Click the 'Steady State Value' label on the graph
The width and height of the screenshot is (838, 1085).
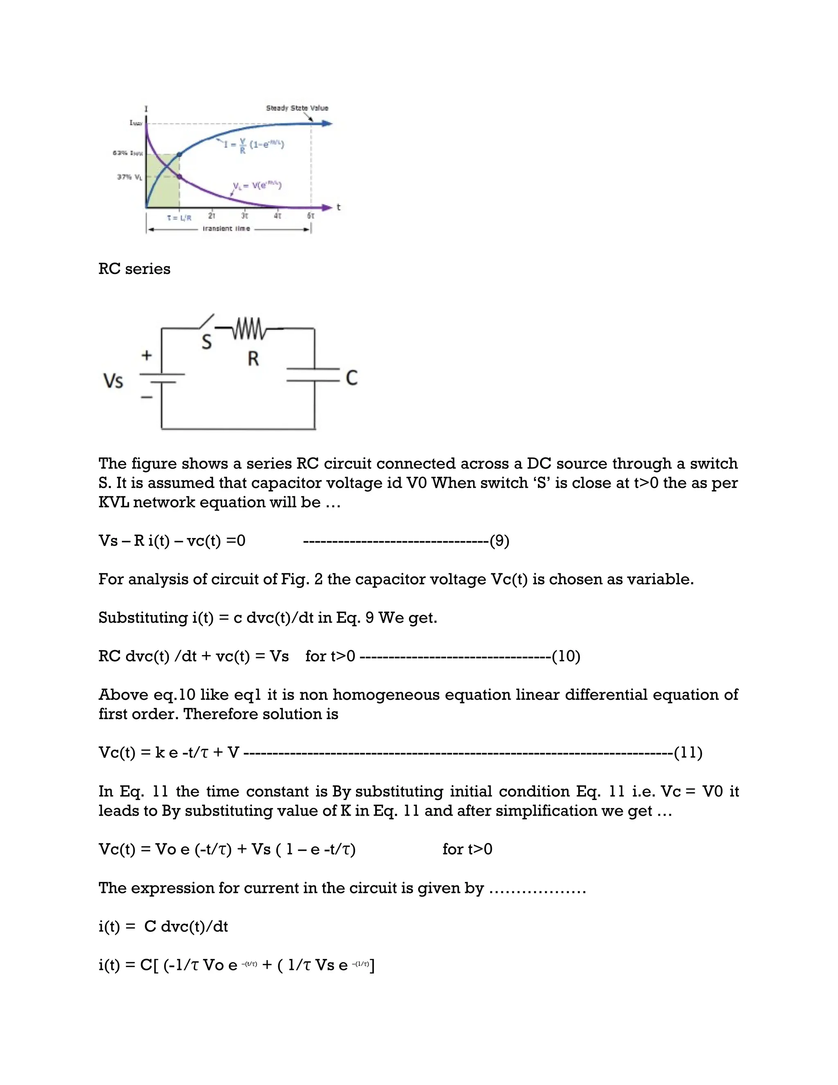click(x=297, y=108)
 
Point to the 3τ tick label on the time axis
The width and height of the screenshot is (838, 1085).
click(x=245, y=216)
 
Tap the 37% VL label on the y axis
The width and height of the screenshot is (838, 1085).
click(x=130, y=177)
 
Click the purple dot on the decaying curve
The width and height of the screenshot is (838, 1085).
click(x=179, y=177)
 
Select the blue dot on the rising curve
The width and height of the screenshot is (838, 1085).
click(x=179, y=154)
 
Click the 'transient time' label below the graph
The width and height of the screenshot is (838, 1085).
click(x=226, y=229)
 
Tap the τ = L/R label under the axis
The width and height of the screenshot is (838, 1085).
click(x=179, y=217)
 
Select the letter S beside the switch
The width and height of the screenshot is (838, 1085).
click(x=207, y=342)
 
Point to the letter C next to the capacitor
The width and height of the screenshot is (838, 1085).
click(x=351, y=378)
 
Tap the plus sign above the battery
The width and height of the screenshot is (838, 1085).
click(x=146, y=356)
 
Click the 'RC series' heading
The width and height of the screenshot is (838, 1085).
click(x=134, y=269)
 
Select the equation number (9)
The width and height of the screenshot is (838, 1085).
click(x=500, y=540)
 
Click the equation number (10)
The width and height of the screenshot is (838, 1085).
click(x=566, y=656)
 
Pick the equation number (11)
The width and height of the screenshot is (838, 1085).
click(x=688, y=753)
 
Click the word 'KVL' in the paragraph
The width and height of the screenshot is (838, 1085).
click(x=114, y=502)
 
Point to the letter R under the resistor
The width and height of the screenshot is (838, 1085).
click(x=253, y=358)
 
